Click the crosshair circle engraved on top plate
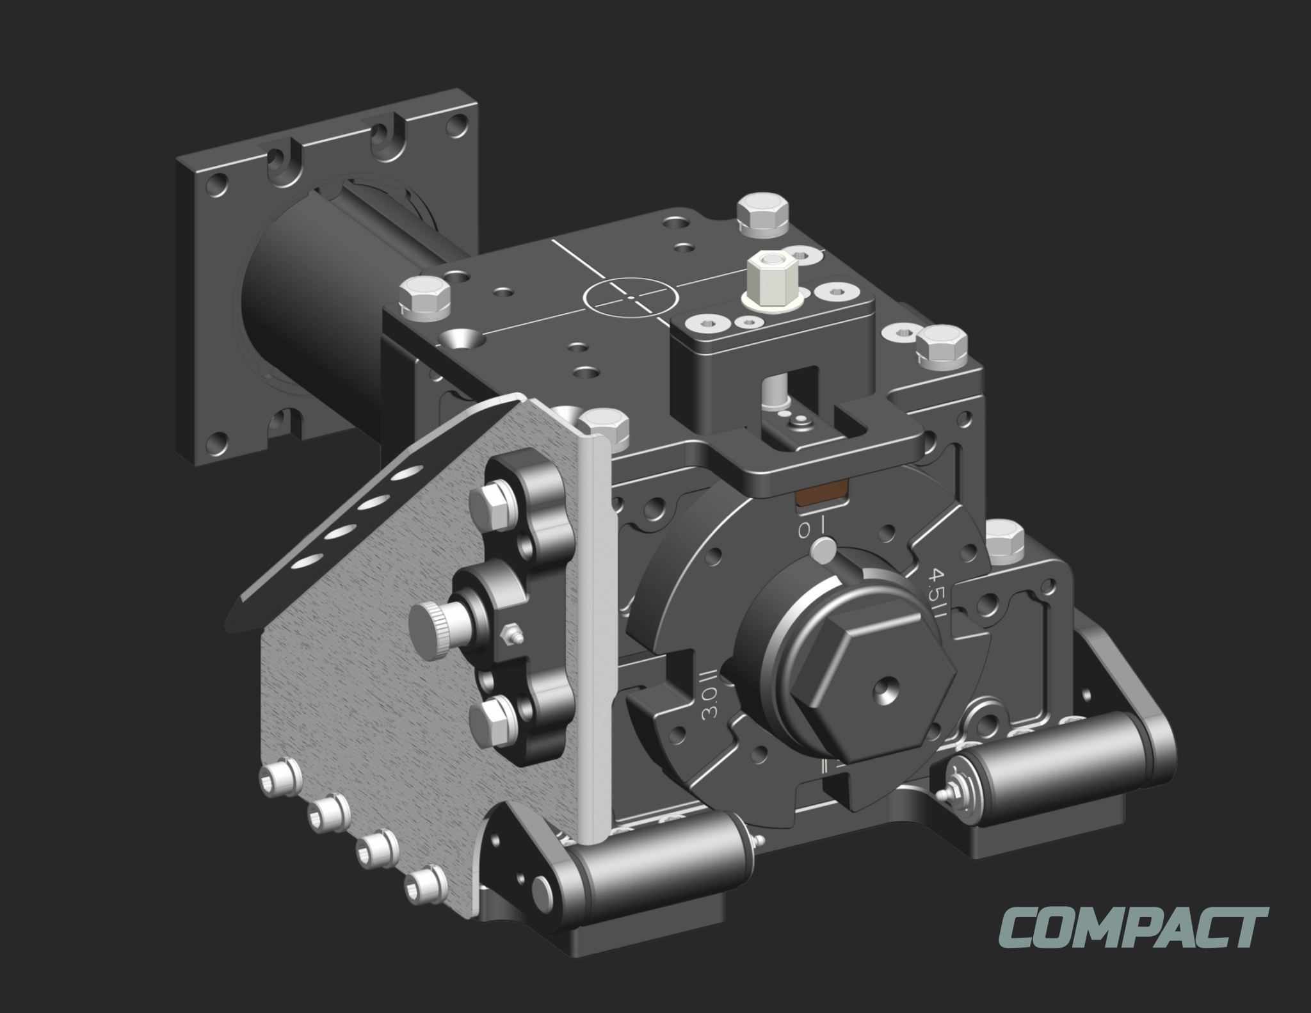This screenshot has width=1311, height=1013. point(631,298)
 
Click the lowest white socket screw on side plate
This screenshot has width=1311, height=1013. point(426,884)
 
